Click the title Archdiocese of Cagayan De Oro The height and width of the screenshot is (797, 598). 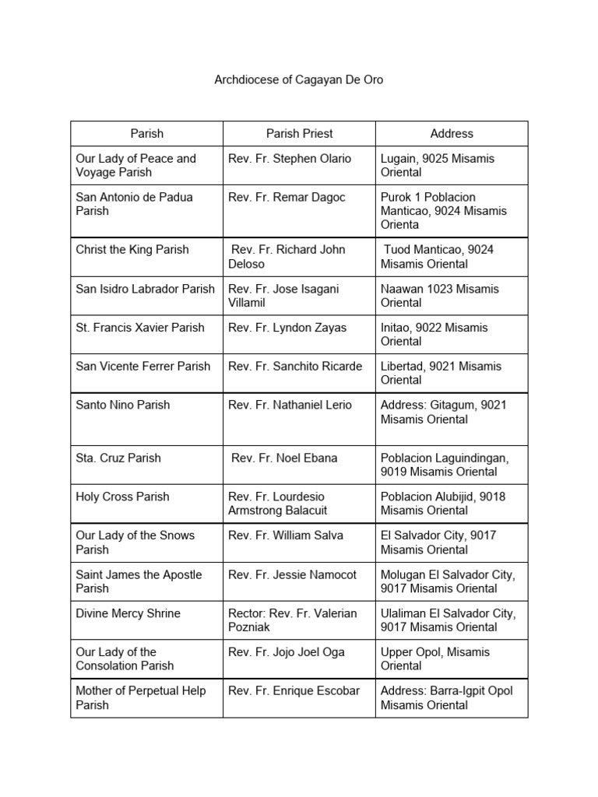point(299,80)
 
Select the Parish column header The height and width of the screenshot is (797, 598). point(146,133)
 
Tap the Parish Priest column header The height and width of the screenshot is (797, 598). point(299,133)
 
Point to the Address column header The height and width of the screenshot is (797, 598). point(452,133)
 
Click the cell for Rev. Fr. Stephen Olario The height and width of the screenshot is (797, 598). point(290,159)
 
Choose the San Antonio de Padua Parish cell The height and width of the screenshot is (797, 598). point(134,204)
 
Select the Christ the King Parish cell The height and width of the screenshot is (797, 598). point(132,250)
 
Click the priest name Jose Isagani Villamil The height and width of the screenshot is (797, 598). point(283,296)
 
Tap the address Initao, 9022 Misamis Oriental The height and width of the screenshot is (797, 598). point(434,335)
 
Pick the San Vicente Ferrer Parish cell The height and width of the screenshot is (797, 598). point(143,366)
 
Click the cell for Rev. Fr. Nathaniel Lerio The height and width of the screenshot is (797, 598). point(290,405)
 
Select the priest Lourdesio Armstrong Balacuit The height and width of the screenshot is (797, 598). point(277,504)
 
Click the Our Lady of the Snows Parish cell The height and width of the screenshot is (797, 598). point(135,542)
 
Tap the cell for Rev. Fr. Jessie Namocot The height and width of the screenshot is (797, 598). point(292,574)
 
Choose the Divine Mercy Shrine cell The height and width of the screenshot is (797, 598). point(128,613)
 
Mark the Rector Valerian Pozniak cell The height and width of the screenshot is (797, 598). point(292,620)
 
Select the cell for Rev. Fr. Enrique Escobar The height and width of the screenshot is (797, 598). point(294,691)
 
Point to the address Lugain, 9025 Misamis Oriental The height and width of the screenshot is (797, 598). point(437,165)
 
